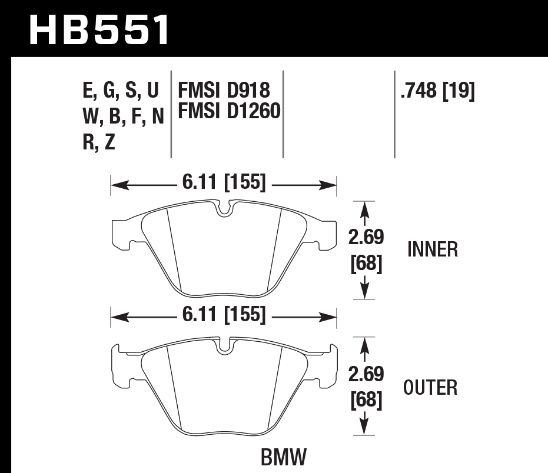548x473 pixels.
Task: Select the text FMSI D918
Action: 224,90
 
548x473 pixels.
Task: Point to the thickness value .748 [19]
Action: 437,91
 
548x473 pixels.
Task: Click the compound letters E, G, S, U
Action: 121,91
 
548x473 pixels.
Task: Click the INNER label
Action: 432,249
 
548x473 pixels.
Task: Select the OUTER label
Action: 430,388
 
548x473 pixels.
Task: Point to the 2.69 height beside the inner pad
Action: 367,237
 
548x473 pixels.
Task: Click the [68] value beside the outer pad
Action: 367,401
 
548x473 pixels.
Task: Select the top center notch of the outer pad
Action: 224,345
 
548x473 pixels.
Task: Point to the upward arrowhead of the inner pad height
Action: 366,208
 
